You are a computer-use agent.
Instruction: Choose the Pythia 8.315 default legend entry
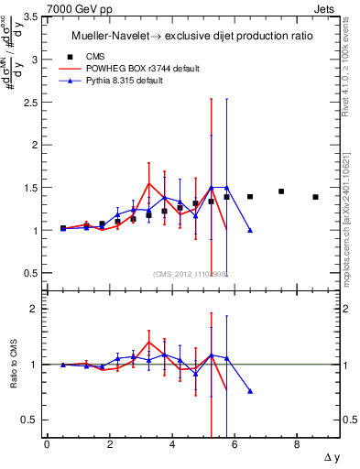pos(138,81)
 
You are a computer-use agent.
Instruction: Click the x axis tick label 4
pos(172,444)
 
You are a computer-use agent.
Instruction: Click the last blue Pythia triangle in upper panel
pos(250,230)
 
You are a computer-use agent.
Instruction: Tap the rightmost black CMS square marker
pos(315,197)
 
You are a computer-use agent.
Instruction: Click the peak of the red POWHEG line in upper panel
pos(148,183)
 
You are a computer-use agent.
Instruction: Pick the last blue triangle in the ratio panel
pos(250,391)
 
